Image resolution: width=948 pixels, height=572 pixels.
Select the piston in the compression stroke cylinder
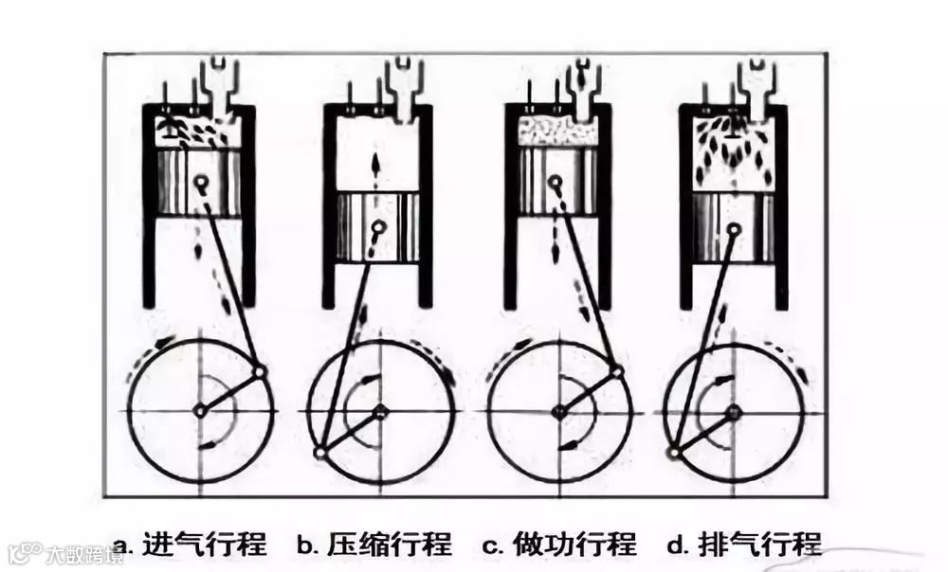pos(378,227)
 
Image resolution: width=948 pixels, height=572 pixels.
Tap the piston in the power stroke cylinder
pos(557,180)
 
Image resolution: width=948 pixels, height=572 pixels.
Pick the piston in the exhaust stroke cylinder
pos(736,227)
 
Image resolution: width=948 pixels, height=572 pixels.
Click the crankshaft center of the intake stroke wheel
pos(200,410)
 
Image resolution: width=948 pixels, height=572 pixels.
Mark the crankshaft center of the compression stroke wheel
pos(380,411)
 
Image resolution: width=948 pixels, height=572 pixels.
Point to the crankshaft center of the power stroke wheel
pos(559,410)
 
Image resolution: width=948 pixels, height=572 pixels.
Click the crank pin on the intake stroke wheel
pos(261,370)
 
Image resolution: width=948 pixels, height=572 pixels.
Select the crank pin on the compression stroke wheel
pos(320,453)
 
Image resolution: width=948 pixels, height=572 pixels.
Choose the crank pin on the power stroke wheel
pos(618,370)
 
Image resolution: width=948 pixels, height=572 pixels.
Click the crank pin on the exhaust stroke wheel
pos(673,453)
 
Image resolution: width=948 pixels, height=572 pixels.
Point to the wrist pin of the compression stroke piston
pos(378,226)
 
